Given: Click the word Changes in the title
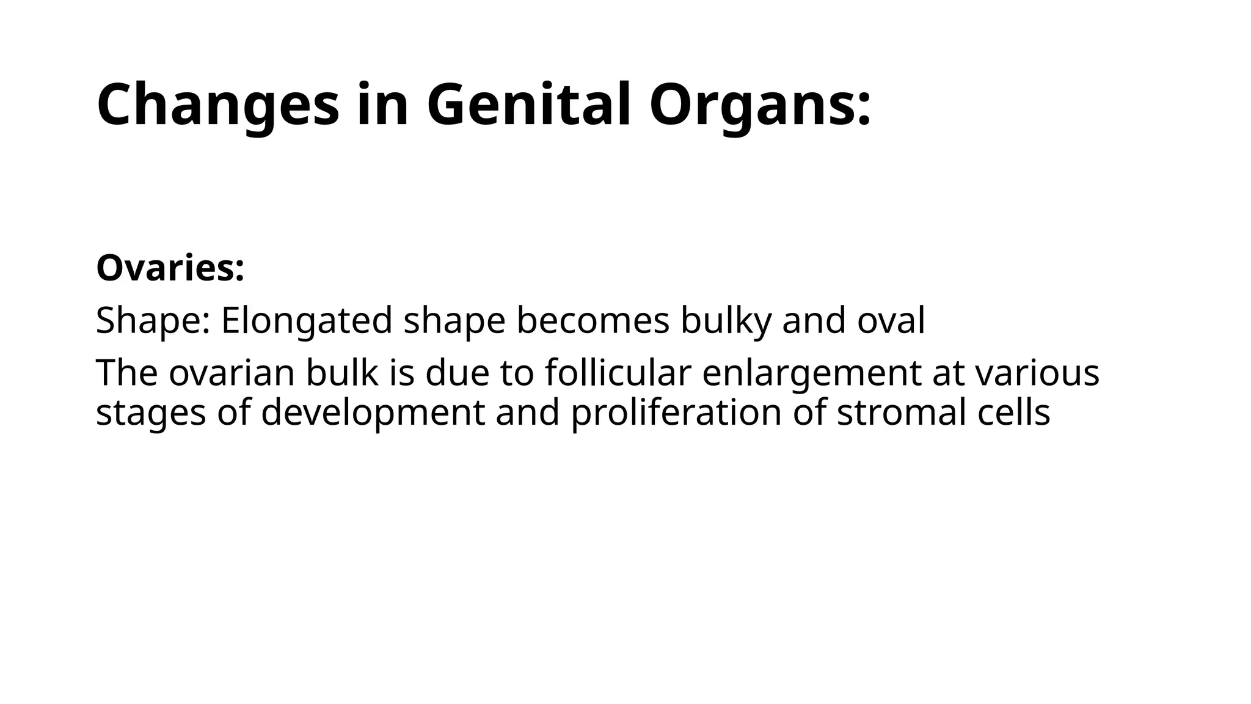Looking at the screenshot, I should click(x=217, y=105).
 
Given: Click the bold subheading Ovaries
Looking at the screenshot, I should click(x=170, y=268).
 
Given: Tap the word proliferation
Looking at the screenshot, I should click(x=676, y=413).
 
